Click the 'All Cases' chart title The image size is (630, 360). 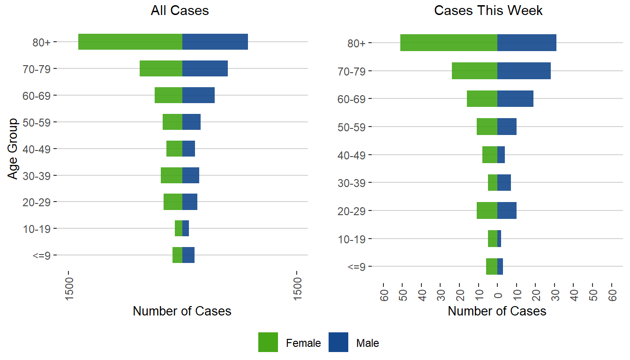[x=180, y=11]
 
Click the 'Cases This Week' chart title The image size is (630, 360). [x=488, y=11]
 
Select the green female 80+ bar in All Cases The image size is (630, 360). [x=130, y=42]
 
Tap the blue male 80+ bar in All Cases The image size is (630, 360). [x=215, y=42]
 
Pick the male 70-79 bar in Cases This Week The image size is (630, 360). [x=524, y=71]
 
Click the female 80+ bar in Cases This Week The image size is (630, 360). [x=449, y=43]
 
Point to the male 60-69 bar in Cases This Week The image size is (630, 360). [x=515, y=98]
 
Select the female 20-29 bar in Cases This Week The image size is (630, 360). [x=487, y=210]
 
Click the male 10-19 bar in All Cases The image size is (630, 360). [x=186, y=228]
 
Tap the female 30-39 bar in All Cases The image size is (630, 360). [x=172, y=175]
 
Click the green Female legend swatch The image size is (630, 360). [x=268, y=342]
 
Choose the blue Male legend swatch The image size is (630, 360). [x=338, y=342]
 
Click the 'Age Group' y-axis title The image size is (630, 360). [x=13, y=149]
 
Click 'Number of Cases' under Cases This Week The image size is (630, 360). [x=497, y=311]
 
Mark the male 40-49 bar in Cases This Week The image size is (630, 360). [x=501, y=155]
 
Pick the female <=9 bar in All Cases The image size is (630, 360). [x=177, y=255]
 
